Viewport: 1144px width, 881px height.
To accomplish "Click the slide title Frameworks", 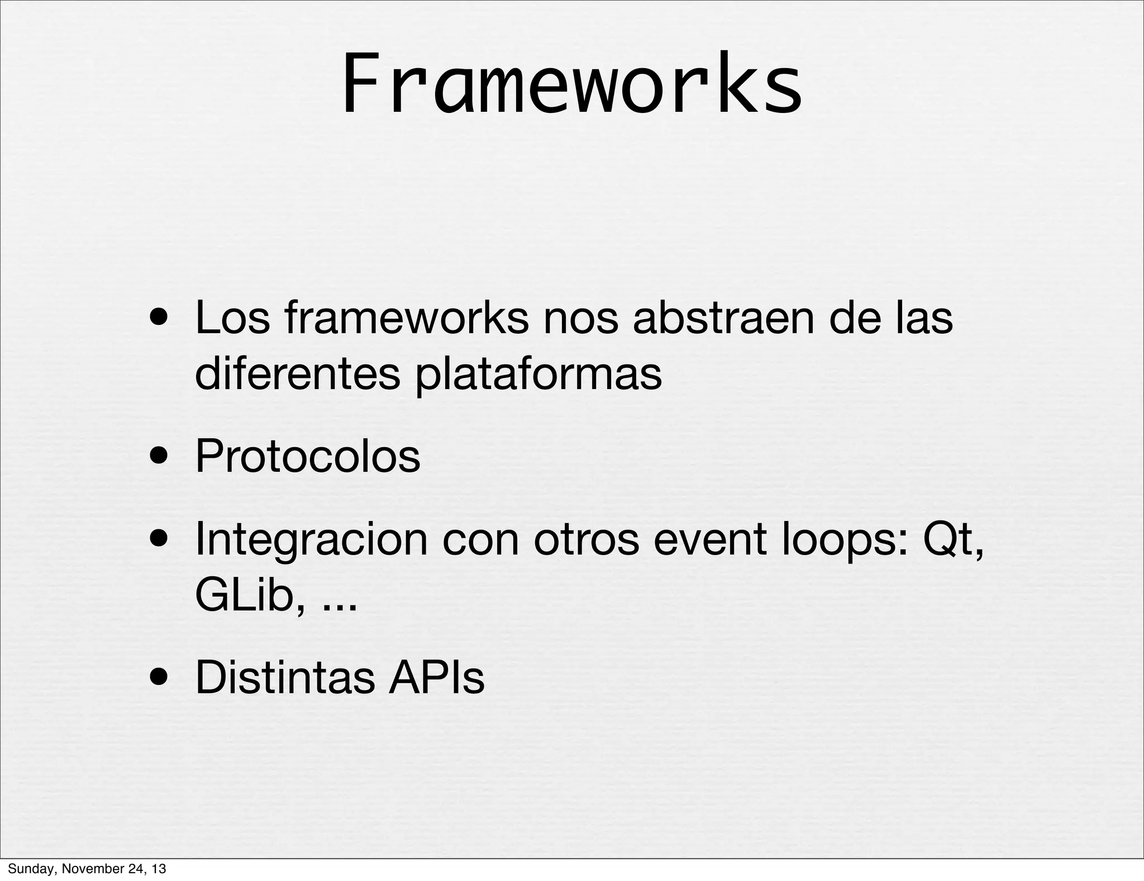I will tap(571, 84).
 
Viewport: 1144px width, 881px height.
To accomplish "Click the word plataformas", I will tap(538, 375).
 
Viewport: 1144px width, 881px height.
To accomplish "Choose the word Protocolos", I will tap(308, 456).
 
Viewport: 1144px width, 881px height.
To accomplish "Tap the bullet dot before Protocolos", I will tap(160, 457).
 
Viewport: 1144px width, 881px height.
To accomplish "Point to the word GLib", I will tap(250, 596).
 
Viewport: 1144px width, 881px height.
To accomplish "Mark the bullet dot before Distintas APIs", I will tap(160, 678).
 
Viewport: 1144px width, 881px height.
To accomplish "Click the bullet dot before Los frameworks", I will tap(160, 319).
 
